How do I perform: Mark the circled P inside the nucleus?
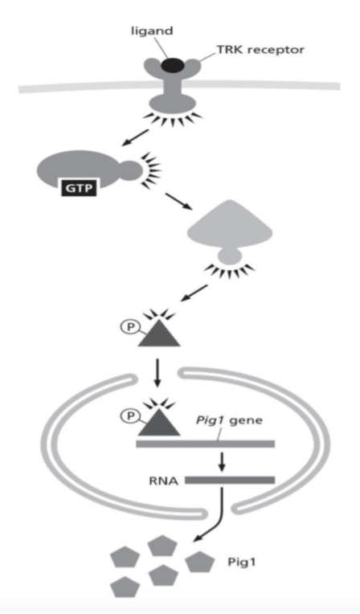click(129, 415)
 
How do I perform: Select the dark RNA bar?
click(229, 481)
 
